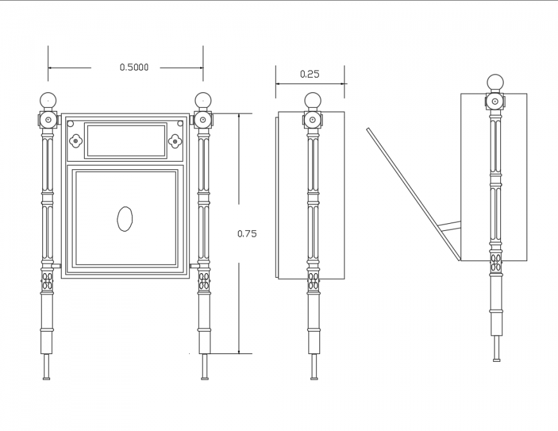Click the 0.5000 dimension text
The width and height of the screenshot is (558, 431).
point(133,67)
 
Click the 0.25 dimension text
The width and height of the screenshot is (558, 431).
point(309,74)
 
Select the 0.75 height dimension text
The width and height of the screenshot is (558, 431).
point(247,233)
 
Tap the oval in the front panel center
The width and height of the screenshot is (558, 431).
point(125,219)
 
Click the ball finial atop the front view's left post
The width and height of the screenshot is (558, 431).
point(48,100)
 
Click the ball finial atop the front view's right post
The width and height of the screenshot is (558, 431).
point(203,100)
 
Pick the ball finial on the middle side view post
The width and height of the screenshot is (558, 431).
point(312,100)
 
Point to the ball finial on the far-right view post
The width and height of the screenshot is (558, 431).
point(495,83)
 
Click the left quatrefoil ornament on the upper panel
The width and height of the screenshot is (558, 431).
point(76,140)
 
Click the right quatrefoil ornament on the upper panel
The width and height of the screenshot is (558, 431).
point(175,140)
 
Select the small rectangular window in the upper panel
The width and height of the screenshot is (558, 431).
point(126,140)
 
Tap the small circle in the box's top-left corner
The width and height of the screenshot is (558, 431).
point(71,124)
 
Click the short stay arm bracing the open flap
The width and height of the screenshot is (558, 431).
point(450,226)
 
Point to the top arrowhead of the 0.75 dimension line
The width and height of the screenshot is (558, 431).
point(239,117)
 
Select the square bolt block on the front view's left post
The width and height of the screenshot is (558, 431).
point(48,120)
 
